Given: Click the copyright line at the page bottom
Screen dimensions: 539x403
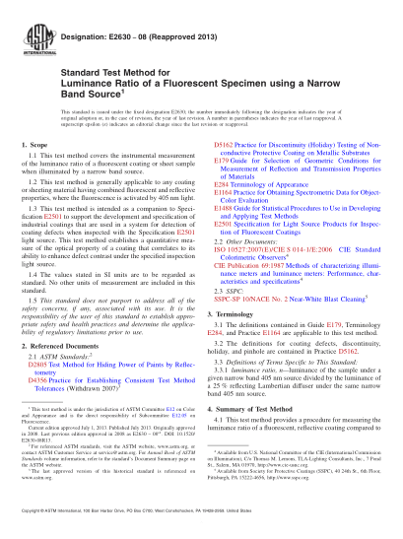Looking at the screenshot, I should click(x=201, y=525).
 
